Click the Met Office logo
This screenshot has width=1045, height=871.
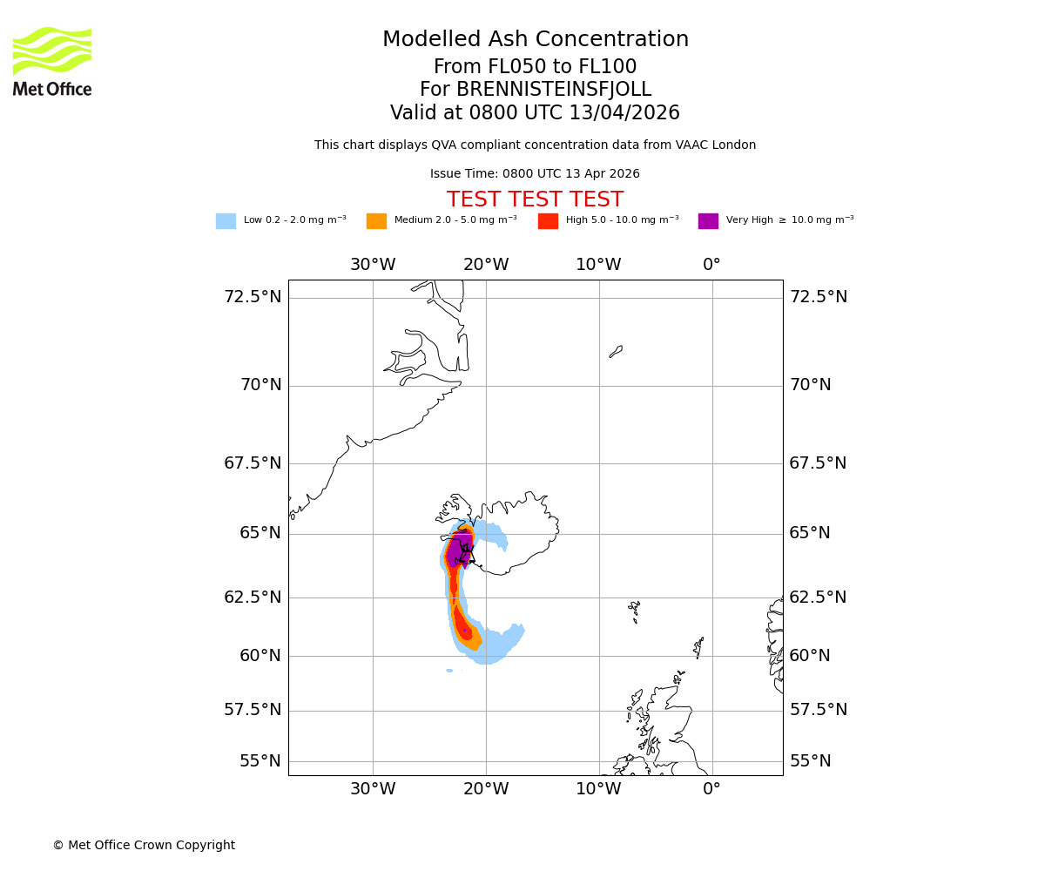(52, 61)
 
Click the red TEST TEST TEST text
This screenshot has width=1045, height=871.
(535, 199)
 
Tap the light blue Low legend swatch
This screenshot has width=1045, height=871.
(226, 221)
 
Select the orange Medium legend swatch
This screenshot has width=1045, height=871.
(376, 221)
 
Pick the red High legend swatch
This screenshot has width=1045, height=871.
(548, 221)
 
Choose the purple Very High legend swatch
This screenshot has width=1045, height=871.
(708, 221)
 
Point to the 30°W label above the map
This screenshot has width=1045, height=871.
(373, 265)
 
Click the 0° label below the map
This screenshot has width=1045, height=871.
(711, 789)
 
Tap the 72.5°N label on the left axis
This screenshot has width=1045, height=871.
(253, 297)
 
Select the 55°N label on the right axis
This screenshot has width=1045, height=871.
(810, 761)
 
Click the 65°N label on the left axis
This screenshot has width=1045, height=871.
(260, 533)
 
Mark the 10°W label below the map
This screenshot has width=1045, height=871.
(598, 789)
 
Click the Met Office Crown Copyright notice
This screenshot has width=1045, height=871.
(144, 845)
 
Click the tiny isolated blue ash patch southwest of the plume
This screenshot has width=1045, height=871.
(449, 671)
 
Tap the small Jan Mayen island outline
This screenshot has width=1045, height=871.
(616, 351)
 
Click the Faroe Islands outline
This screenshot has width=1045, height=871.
(634, 610)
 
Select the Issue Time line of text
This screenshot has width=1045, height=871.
(535, 174)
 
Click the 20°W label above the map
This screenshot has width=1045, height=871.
(486, 265)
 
